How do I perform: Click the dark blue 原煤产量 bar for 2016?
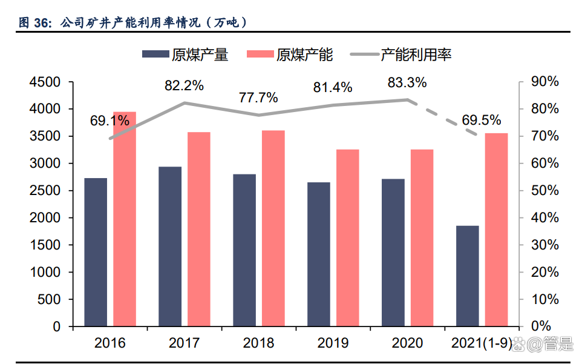(x=96, y=252)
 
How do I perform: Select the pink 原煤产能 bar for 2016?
(x=125, y=219)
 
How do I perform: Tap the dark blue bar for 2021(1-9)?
(x=467, y=276)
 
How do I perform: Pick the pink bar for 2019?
(x=348, y=237)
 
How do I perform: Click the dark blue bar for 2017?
(x=170, y=246)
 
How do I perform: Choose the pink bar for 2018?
(x=273, y=228)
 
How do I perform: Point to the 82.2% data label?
(x=184, y=85)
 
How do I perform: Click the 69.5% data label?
(x=481, y=120)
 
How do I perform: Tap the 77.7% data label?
(x=258, y=97)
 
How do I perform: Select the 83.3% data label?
(x=407, y=82)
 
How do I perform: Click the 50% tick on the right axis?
(x=544, y=191)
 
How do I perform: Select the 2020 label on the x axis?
(x=407, y=343)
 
